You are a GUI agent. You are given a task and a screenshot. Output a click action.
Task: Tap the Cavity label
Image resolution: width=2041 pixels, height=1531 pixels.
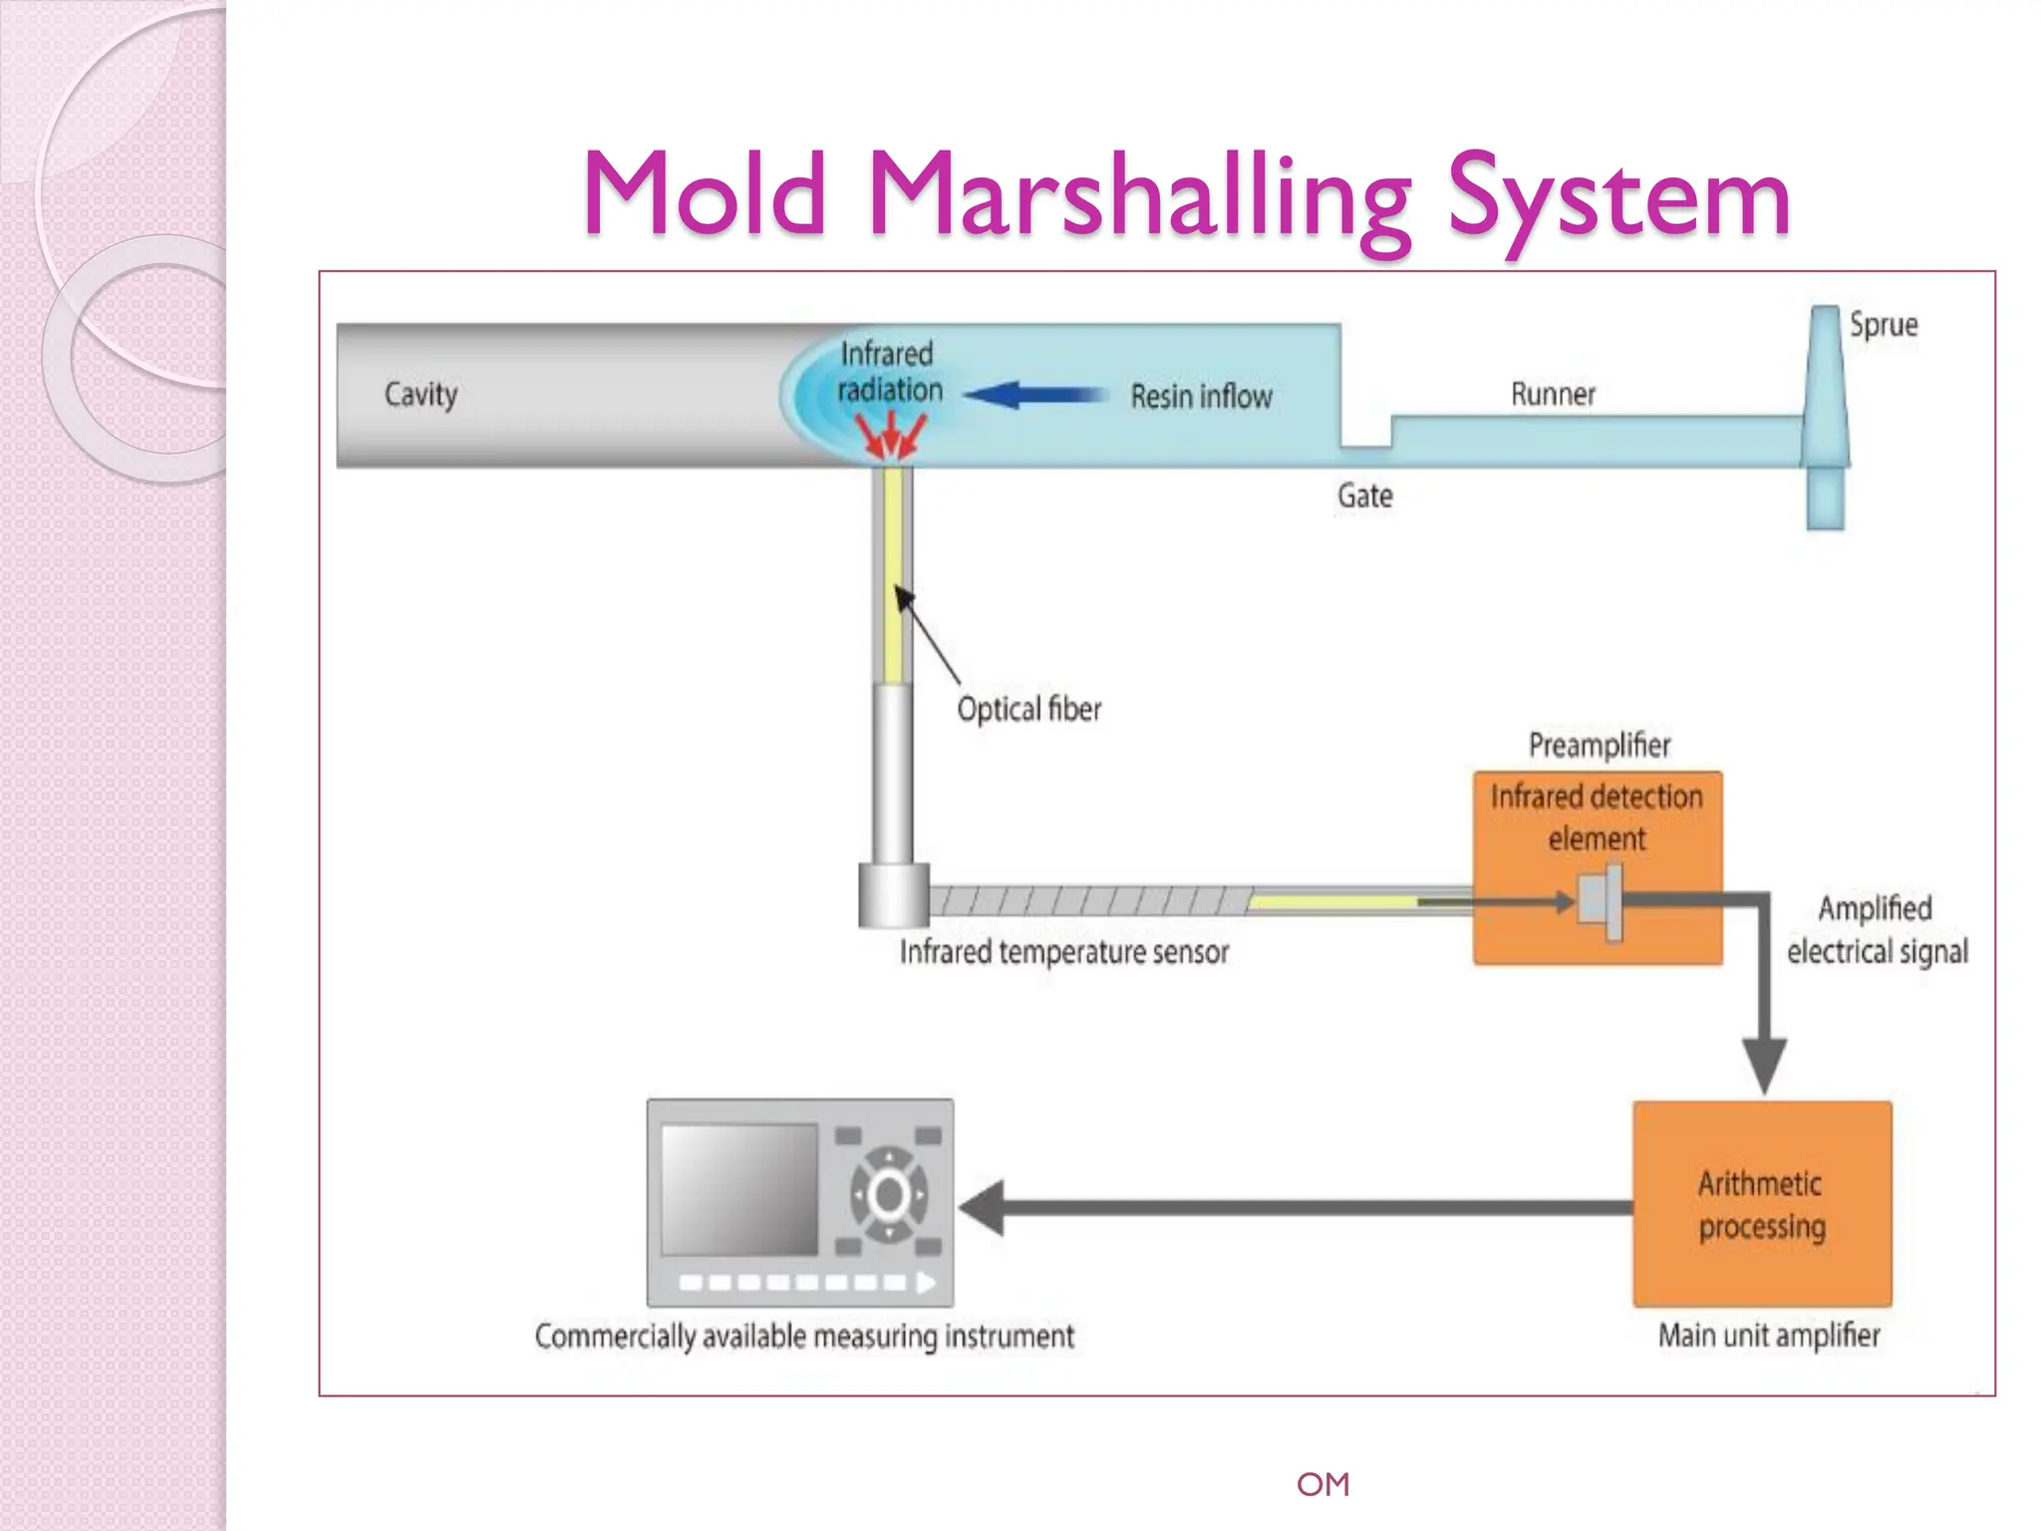421,394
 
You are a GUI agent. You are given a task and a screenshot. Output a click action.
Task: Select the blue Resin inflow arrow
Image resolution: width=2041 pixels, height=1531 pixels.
1036,395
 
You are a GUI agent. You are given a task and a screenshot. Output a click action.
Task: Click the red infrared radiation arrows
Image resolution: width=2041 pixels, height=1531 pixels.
890,435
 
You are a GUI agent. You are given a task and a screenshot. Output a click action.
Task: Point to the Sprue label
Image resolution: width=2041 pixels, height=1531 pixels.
1883,325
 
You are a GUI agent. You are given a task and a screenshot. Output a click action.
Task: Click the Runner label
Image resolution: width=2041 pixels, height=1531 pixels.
1552,394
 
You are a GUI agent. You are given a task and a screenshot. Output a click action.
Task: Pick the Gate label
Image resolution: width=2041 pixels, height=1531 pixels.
1364,495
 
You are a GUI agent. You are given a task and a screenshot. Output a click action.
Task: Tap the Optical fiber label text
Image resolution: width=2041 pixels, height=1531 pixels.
1028,709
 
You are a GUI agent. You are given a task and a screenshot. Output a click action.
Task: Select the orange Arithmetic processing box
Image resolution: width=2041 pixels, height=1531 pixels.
1761,1204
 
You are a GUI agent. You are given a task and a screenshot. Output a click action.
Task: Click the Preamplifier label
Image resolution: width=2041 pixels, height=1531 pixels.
1599,745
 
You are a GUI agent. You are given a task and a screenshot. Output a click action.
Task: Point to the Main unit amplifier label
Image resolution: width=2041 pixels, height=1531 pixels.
1768,1335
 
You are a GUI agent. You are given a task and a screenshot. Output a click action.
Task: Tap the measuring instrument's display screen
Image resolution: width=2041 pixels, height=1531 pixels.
738,1189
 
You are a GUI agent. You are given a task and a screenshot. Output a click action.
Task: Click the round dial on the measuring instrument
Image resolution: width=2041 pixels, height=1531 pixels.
888,1194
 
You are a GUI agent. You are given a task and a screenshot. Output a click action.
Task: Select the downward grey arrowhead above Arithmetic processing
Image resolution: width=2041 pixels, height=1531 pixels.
1763,1065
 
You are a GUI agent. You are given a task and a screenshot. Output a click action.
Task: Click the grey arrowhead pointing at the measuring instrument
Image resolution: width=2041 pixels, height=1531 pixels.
982,1207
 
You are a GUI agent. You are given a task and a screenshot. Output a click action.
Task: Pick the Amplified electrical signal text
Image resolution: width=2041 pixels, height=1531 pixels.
1876,929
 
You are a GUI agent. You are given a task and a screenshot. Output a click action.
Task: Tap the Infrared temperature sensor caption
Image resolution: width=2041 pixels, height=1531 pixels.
1063,952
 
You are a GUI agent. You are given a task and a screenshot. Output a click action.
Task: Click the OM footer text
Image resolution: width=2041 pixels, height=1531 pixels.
1322,1484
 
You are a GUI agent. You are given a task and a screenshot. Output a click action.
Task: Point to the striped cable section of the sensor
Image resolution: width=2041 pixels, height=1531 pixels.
1086,901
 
